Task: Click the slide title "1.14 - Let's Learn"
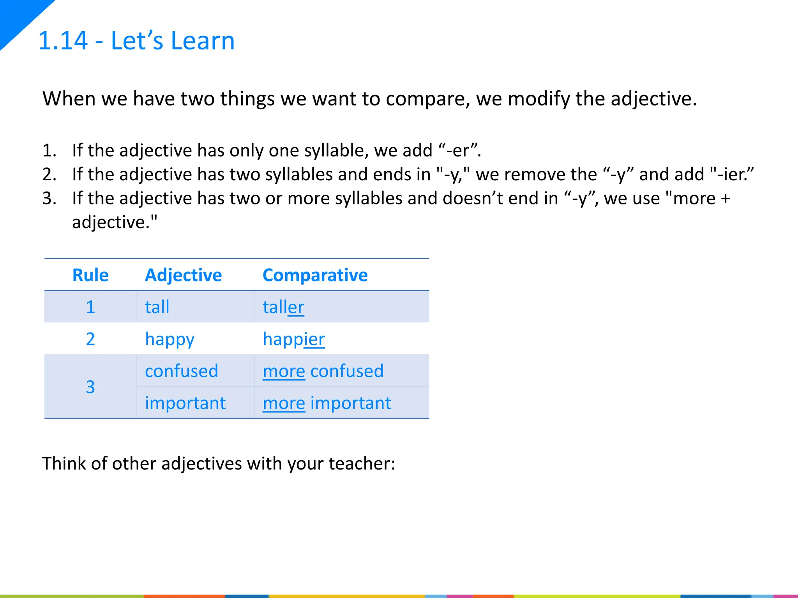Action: click(136, 40)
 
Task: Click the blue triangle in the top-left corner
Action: click(18, 16)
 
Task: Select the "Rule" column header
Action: click(90, 275)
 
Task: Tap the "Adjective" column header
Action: click(183, 275)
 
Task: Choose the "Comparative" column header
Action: click(315, 275)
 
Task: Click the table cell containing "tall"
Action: click(157, 307)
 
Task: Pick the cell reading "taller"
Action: click(283, 307)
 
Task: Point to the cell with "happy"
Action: click(169, 339)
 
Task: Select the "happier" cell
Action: click(293, 339)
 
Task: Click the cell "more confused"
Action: click(323, 371)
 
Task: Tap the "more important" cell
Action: click(327, 403)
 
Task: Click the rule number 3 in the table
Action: click(90, 387)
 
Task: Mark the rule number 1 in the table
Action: click(90, 307)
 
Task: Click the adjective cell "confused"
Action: click(181, 371)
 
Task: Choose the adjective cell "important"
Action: click(185, 403)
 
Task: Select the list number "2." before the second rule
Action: click(49, 174)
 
